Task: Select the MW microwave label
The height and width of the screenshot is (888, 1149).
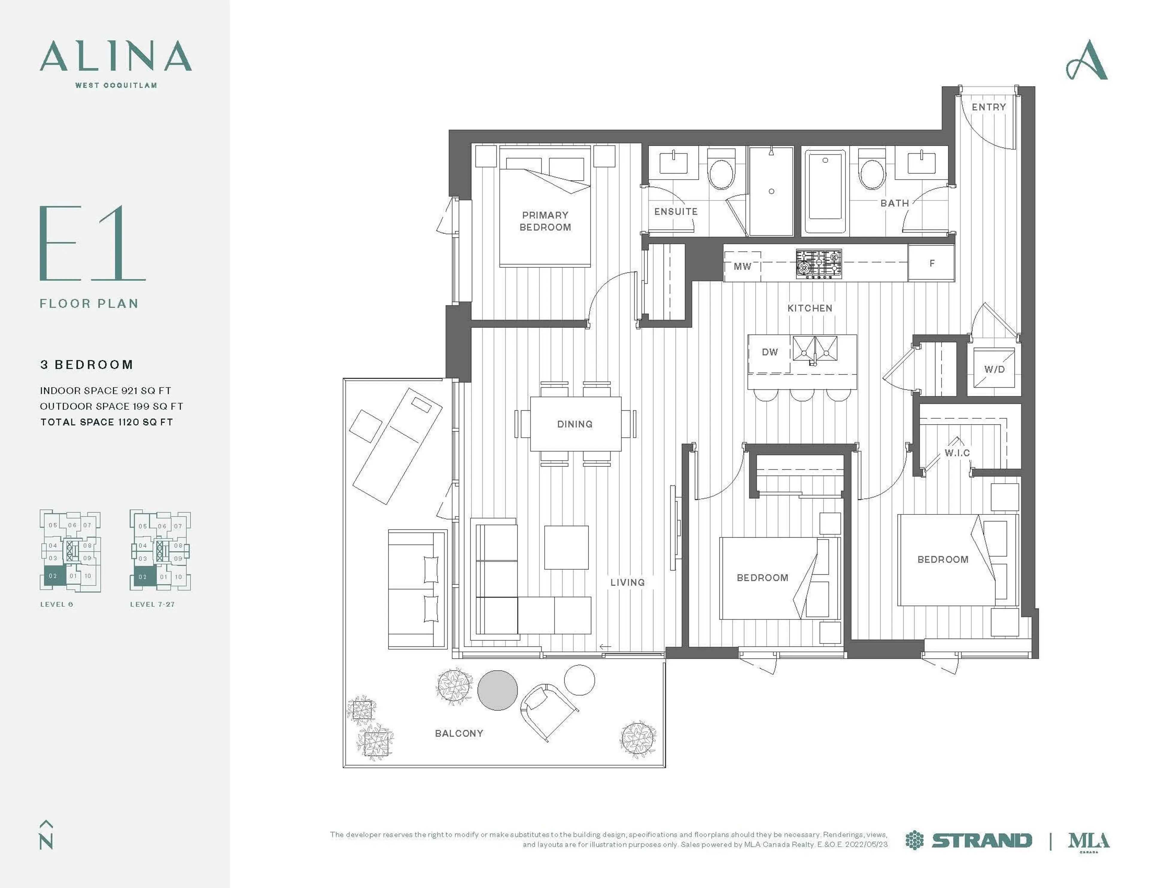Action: point(742,266)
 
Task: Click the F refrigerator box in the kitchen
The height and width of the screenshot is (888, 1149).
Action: point(932,263)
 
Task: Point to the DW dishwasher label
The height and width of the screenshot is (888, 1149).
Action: point(770,352)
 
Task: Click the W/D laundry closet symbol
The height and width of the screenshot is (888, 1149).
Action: point(994,368)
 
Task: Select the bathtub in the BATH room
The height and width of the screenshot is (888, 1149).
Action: point(825,192)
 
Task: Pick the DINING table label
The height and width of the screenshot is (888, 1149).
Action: point(574,424)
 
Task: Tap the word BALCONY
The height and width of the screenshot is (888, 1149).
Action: point(459,733)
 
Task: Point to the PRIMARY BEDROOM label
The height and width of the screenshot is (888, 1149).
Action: point(545,221)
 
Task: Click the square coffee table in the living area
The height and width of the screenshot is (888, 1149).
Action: point(566,547)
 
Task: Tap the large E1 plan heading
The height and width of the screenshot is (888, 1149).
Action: point(92,243)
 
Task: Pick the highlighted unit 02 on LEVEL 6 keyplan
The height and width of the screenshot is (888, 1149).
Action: point(53,576)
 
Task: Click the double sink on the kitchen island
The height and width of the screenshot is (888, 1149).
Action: point(814,348)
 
